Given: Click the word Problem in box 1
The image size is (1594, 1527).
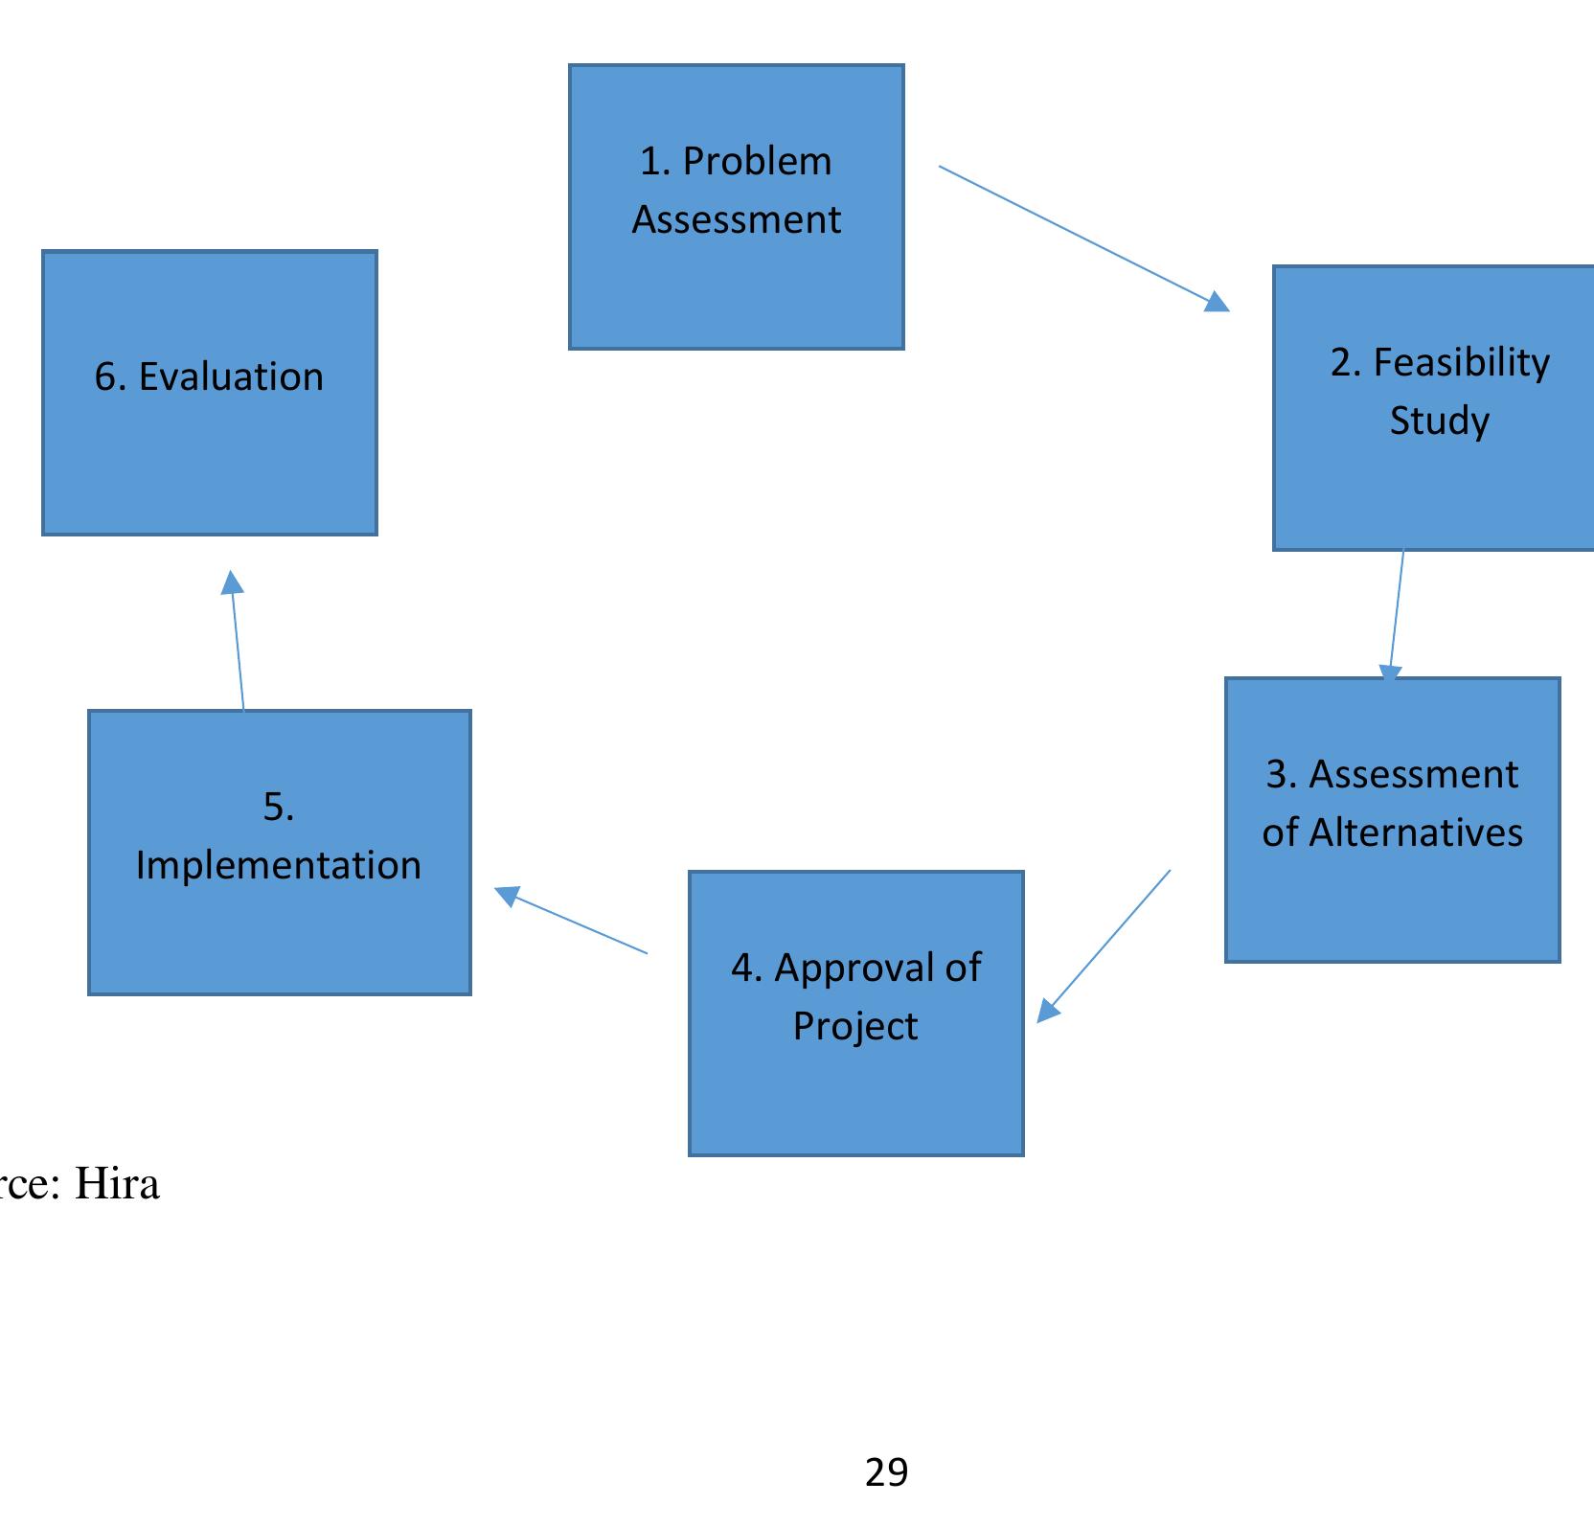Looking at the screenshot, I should coord(757,162).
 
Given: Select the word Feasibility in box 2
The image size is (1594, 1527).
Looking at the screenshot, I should coord(1461,363).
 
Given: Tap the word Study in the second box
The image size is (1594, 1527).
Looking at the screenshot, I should coord(1439,422).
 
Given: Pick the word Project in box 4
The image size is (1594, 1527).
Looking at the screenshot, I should coord(855,1027).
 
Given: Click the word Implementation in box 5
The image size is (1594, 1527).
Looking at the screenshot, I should coord(279,866).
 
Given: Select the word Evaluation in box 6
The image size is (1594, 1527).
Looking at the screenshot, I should coord(231,377).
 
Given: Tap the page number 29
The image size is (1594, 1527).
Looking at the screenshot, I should coord(886,1471).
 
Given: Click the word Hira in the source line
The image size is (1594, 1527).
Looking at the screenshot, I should coord(117,1184).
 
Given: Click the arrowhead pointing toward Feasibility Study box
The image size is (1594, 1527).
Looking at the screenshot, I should coord(1217,303).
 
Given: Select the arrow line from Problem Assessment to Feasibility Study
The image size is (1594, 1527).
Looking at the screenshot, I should coord(1073,234).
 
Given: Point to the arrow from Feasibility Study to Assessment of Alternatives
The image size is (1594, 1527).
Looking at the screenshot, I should coord(1397,613).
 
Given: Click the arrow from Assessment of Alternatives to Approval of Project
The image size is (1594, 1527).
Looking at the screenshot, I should coord(1111,939).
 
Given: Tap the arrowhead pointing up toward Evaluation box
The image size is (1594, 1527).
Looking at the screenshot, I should coord(232,582).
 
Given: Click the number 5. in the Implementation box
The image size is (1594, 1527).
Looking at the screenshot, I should coord(279,807).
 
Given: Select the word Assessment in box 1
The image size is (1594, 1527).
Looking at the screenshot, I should coord(736,220).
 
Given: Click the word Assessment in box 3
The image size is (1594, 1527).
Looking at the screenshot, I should coord(1413,775).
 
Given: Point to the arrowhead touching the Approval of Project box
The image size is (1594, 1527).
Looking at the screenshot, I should coord(1048,1012).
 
